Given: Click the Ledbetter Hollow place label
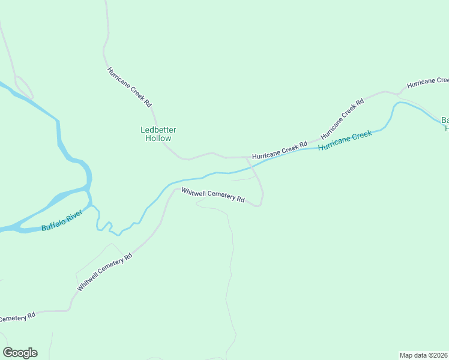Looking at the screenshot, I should click(158, 134).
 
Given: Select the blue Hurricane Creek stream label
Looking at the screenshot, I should click(345, 140).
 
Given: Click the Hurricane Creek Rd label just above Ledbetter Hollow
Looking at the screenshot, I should click(130, 87).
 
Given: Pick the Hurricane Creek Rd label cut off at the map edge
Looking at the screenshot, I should click(427, 82).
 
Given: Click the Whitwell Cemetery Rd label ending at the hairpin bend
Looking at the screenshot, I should click(213, 195).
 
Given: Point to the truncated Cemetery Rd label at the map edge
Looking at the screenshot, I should click(17, 317).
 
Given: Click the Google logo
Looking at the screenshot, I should click(20, 353).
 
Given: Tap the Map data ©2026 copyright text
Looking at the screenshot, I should click(423, 355).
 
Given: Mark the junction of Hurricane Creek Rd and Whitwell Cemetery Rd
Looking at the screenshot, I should click(248, 158).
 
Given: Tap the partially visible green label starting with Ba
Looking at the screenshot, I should click(445, 123).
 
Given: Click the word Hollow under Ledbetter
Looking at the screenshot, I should click(158, 139).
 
